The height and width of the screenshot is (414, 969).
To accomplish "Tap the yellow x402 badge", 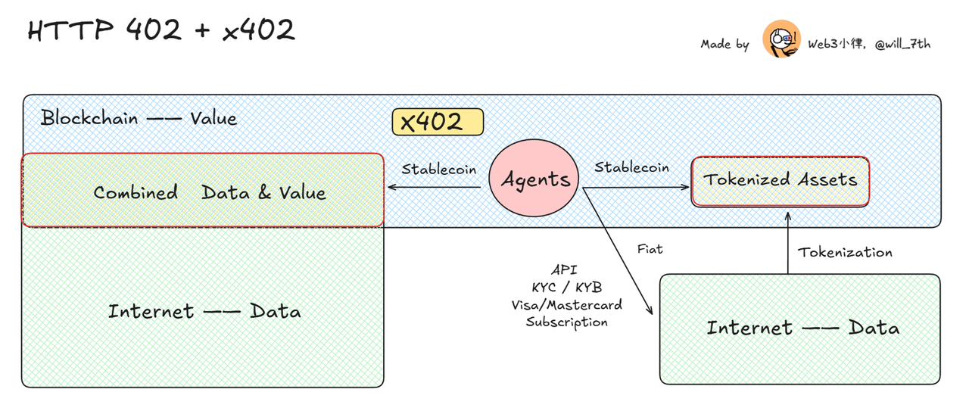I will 437,122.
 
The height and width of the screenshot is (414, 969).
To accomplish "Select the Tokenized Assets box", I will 780,180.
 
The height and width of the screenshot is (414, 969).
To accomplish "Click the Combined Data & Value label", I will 210,192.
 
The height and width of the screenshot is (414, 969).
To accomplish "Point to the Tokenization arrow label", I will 846,252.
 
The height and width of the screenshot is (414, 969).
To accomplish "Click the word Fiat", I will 650,248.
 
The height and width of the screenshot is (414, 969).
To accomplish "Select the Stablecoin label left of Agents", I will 439,169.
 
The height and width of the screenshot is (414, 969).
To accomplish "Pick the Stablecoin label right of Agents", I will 631,167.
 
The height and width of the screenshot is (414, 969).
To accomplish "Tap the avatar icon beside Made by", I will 781,39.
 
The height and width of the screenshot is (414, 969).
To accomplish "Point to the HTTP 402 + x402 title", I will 161,30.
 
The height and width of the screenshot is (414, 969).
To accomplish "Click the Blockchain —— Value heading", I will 139,119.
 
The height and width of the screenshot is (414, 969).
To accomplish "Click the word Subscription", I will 567,322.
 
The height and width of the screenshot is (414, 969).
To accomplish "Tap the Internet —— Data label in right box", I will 802,328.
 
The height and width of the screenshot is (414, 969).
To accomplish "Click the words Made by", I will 724,44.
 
